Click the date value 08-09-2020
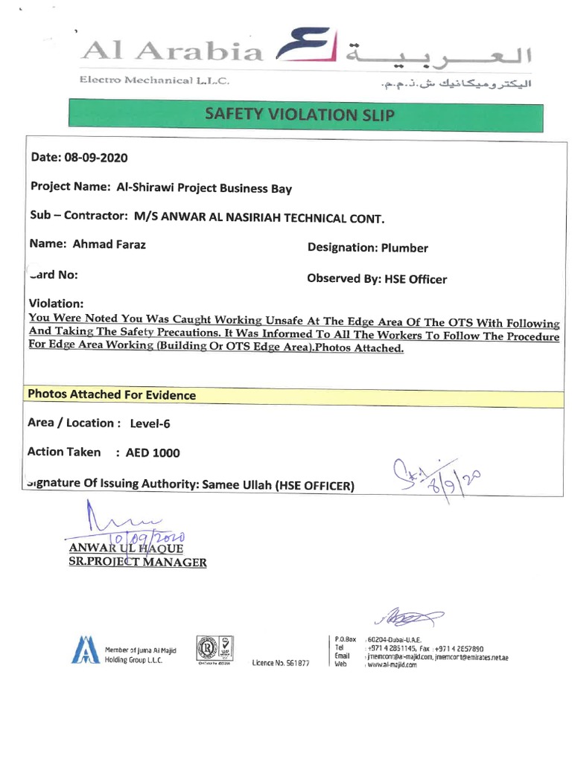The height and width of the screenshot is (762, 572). tap(98, 158)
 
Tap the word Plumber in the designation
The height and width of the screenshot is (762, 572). tap(404, 248)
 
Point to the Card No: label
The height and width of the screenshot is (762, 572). tap(53, 275)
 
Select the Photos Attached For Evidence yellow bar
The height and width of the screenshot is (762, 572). tap(293, 395)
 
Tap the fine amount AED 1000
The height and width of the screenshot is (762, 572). tap(153, 452)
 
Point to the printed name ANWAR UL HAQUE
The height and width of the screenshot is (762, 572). tap(125, 548)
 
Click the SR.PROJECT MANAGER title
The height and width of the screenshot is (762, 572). tap(137, 563)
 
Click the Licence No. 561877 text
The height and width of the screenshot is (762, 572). tap(281, 662)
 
